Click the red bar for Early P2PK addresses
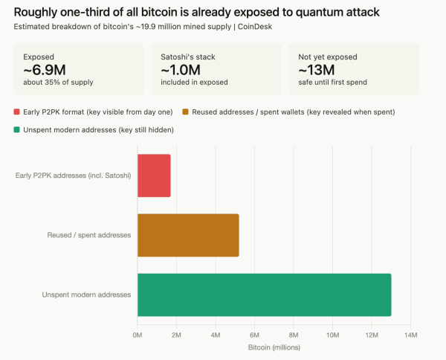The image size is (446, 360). (x=154, y=176)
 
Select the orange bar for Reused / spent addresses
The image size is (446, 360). (x=188, y=235)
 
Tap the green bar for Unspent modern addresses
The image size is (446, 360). (x=264, y=295)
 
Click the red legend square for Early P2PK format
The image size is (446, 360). (x=17, y=112)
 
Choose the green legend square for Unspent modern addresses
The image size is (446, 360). (x=17, y=129)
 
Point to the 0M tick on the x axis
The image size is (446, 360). (x=138, y=335)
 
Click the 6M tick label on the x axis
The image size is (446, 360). (x=254, y=335)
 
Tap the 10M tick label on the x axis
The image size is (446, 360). (x=332, y=335)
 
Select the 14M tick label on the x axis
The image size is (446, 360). (x=410, y=335)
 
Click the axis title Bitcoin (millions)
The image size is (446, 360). (x=274, y=347)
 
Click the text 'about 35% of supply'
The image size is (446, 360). (x=58, y=82)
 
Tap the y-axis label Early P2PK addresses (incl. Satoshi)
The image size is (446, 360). (x=73, y=176)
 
